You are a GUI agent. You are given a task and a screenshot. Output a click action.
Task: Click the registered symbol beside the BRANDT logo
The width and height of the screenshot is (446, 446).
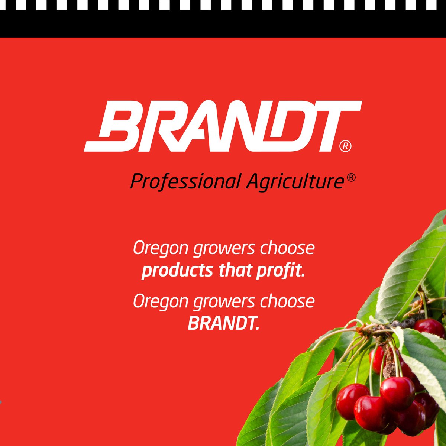pyautogui.click(x=345, y=146)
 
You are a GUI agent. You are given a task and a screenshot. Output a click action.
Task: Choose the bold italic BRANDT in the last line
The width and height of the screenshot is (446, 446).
pyautogui.click(x=223, y=324)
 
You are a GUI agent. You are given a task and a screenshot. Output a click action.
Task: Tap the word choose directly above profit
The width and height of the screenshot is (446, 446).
pyautogui.click(x=287, y=248)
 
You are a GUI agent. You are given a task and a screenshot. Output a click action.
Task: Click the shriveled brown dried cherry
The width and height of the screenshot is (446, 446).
pyautogui.click(x=390, y=370)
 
